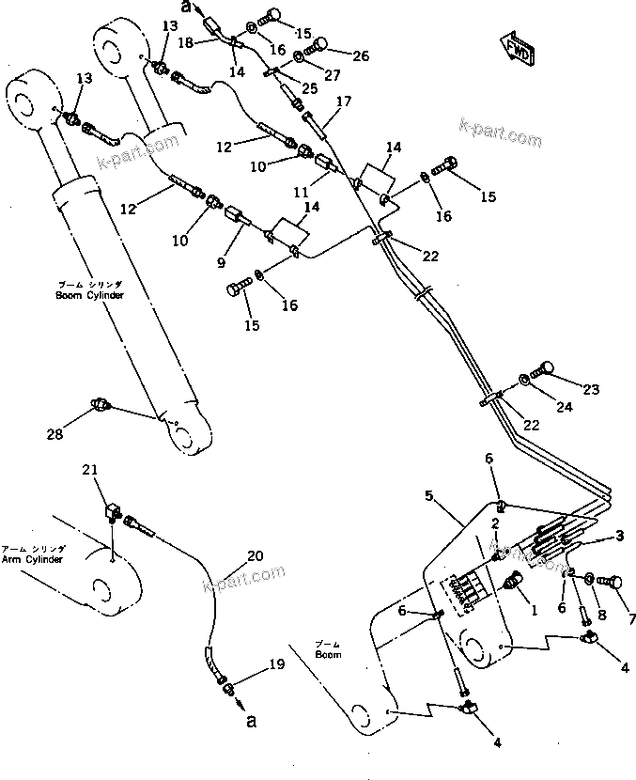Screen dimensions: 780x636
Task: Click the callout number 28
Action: pyautogui.click(x=55, y=433)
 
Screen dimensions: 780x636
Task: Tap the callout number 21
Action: pyautogui.click(x=89, y=470)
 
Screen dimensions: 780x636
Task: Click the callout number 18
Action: pyautogui.click(x=186, y=43)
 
